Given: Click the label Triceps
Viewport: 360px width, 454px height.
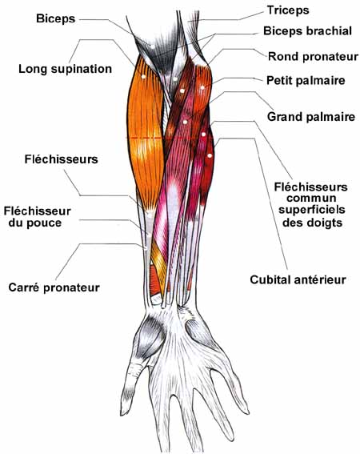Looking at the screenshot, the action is pyautogui.click(x=288, y=11).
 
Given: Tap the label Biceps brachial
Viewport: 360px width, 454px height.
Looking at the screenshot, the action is pyautogui.click(x=307, y=30).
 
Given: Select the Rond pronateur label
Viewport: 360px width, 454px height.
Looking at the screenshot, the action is pyautogui.click(x=313, y=57).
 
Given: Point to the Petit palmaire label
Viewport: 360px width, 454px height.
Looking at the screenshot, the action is pyautogui.click(x=306, y=80).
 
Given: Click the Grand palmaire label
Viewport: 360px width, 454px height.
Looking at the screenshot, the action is pyautogui.click(x=311, y=117).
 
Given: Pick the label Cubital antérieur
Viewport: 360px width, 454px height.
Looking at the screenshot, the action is pyautogui.click(x=298, y=279).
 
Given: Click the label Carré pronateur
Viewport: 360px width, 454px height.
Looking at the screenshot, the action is pyautogui.click(x=54, y=287).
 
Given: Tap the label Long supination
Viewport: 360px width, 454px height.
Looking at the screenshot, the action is pyautogui.click(x=65, y=69).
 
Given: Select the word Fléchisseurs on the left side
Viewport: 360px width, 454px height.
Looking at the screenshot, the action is pyautogui.click(x=61, y=159).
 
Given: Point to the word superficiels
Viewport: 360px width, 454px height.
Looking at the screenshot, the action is pyautogui.click(x=312, y=210).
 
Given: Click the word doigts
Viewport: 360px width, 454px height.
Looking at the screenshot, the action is pyautogui.click(x=326, y=223).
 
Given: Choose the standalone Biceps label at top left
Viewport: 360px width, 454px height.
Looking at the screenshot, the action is pyautogui.click(x=55, y=19).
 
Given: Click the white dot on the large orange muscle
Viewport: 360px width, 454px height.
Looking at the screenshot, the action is pyautogui.click(x=143, y=76).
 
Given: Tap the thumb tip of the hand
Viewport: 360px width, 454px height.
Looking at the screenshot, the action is pyautogui.click(x=124, y=413).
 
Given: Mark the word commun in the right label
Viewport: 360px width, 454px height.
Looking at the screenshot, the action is pyautogui.click(x=311, y=199).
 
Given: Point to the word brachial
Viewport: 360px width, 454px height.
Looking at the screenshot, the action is pyautogui.click(x=330, y=30).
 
